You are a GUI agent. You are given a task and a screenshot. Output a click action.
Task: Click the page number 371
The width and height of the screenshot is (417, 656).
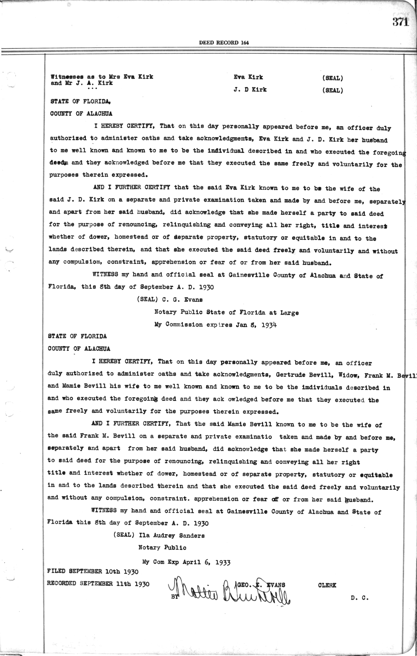coord(400,22)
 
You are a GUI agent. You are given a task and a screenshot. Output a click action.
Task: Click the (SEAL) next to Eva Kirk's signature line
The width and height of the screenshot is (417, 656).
coord(333,78)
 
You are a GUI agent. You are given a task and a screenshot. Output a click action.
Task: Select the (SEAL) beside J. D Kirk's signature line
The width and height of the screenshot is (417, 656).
coord(333,90)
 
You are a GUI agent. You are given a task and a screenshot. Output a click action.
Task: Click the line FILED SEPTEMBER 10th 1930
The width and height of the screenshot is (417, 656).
coord(93,571)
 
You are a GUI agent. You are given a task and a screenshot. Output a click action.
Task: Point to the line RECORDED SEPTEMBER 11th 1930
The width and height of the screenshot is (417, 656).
coord(98,584)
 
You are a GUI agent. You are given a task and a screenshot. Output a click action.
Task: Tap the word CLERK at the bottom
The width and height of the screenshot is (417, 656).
coord(327,585)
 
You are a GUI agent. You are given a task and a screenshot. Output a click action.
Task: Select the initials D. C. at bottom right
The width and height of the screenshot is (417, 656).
coord(359,598)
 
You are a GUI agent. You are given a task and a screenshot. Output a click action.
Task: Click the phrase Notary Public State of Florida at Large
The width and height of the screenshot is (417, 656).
coord(226,312)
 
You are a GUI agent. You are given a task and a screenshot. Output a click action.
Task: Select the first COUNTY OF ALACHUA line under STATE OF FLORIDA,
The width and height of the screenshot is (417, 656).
coord(81,113)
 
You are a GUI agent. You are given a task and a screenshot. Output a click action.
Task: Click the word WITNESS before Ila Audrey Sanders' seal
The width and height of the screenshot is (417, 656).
coord(103,511)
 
